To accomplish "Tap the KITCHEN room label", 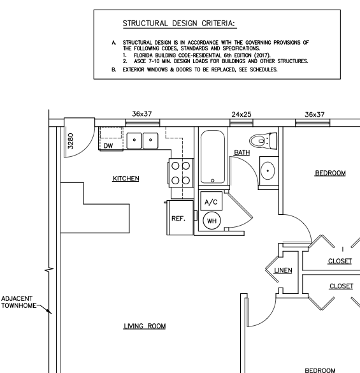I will (126, 179).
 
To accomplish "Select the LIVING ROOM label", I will (145, 326).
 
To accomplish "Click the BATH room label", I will (242, 152).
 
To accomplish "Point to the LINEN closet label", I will (282, 270).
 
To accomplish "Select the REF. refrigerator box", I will (178, 217).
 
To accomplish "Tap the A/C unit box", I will (211, 201).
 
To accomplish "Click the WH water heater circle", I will (211, 221).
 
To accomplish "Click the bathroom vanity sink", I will (269, 170).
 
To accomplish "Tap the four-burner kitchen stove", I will (180, 172).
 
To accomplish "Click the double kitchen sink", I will (142, 140).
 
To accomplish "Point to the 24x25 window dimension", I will (241, 115).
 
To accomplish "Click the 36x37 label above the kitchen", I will (142, 115).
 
